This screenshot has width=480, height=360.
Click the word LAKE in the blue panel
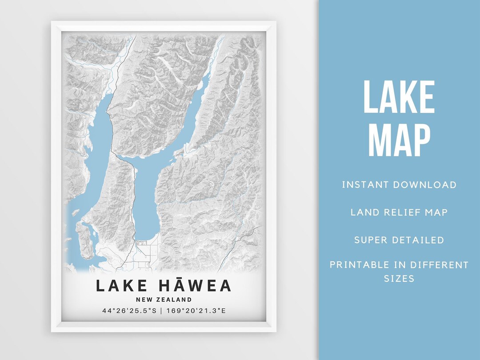(399, 97)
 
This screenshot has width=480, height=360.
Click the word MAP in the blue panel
(399, 140)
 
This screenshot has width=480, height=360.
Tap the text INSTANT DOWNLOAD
(399, 185)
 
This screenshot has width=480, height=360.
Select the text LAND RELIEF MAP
(399, 212)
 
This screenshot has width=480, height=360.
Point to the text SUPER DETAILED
(399, 240)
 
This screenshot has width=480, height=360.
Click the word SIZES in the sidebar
(399, 279)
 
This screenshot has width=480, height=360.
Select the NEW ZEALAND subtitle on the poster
(164, 300)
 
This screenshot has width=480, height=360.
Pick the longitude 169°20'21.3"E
(196, 311)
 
